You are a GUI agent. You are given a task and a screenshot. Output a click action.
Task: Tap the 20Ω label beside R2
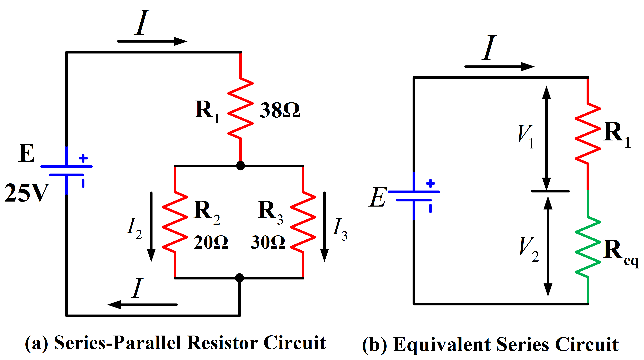[x=211, y=242]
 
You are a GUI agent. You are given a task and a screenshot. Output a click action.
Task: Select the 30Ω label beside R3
[x=268, y=242]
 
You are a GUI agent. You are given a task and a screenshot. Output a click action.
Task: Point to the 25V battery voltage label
[x=26, y=193]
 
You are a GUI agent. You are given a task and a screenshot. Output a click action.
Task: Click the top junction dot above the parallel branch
[x=240, y=166]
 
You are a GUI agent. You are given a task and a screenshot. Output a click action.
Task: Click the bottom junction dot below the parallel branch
[x=240, y=278]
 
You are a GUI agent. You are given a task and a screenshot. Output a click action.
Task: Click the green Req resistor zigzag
[x=588, y=248]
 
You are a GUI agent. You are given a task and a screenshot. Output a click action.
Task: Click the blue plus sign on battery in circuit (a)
[x=83, y=158]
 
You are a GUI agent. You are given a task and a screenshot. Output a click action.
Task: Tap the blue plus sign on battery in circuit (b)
[x=430, y=183]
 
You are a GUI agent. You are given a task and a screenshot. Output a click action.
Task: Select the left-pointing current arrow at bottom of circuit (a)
[x=142, y=305]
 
